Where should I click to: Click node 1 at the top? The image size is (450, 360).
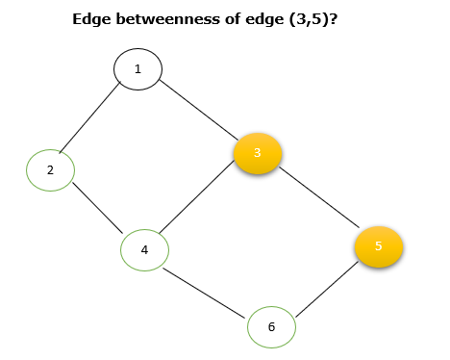click(x=137, y=68)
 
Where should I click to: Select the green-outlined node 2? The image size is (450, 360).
click(x=50, y=169)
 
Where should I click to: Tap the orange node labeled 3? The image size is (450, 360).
click(x=257, y=153)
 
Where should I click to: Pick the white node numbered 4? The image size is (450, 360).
click(x=145, y=250)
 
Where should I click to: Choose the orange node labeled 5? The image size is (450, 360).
click(x=379, y=246)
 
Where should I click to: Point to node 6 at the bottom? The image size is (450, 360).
click(x=271, y=327)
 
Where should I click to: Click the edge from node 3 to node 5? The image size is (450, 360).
click(x=318, y=200)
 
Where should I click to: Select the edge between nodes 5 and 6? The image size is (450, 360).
click(x=325, y=287)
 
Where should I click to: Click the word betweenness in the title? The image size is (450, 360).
click(x=159, y=18)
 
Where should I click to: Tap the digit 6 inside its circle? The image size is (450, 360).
click(x=271, y=327)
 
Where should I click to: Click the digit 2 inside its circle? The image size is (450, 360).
click(x=50, y=169)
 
